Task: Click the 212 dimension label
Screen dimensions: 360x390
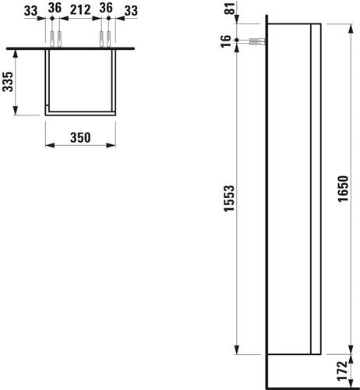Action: (80, 10)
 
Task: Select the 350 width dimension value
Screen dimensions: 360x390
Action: (80, 137)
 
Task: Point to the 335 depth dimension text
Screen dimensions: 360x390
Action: (8, 82)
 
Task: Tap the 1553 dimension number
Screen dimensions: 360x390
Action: (229, 199)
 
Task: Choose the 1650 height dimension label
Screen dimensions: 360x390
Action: (343, 189)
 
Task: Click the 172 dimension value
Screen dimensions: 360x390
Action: (343, 371)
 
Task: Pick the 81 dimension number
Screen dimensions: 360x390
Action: (230, 9)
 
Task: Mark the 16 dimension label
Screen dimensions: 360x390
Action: (226, 41)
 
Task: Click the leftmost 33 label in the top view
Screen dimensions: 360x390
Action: (31, 11)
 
